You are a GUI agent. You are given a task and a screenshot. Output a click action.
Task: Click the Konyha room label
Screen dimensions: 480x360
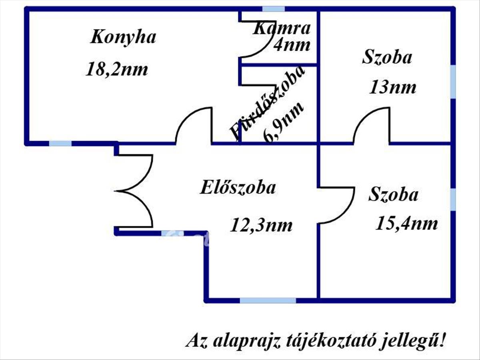pyautogui.click(x=123, y=37)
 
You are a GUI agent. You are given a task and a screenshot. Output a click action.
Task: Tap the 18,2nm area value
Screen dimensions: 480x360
pyautogui.click(x=117, y=70)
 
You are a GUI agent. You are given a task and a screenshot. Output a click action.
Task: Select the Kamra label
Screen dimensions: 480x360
pyautogui.click(x=282, y=28)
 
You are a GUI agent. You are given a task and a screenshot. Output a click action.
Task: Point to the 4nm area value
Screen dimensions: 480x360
pyautogui.click(x=292, y=44)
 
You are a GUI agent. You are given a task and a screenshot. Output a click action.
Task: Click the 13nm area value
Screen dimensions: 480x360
pyautogui.click(x=392, y=88)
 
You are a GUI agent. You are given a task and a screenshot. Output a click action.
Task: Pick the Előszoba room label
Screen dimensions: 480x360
pyautogui.click(x=238, y=187)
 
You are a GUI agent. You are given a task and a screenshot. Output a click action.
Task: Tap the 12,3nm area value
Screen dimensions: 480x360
pyautogui.click(x=261, y=226)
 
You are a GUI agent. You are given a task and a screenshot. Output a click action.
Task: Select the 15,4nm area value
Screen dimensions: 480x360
pyautogui.click(x=406, y=223)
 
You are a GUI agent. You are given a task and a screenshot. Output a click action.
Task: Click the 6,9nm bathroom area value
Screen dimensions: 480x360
pyautogui.click(x=284, y=122)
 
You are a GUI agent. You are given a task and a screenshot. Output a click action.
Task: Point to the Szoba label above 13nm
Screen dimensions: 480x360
pyautogui.click(x=387, y=57)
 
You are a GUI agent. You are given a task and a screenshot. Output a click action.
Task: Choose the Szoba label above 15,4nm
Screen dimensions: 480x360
pyautogui.click(x=394, y=195)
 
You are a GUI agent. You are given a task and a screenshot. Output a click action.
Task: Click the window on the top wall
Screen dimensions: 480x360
pyautogui.click(x=274, y=9)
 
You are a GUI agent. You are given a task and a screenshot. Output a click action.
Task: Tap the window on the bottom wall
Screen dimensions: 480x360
pyautogui.click(x=268, y=300)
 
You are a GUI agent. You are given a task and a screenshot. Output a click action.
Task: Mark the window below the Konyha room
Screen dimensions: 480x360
pyautogui.click(x=60, y=143)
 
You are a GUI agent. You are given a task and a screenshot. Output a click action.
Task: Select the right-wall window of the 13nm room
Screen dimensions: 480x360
pyautogui.click(x=453, y=82)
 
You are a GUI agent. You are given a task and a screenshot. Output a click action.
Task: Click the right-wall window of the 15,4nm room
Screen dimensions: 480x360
pyautogui.click(x=453, y=199)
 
